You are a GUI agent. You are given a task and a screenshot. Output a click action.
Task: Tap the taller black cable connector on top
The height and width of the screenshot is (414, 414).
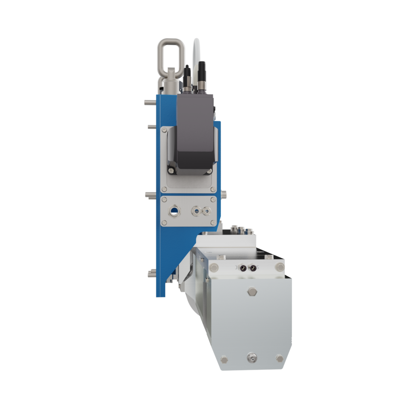(x=202, y=76)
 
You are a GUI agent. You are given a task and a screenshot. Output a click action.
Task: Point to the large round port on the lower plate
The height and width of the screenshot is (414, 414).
(x=174, y=211)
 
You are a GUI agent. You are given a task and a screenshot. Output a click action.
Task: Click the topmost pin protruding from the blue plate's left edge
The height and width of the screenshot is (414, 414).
(x=149, y=103)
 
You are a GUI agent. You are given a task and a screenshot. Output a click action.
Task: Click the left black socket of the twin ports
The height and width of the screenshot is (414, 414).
(x=243, y=268)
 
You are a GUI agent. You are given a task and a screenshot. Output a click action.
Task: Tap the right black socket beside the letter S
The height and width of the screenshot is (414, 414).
(x=253, y=268)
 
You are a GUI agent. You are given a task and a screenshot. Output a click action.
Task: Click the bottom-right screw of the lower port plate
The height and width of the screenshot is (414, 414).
(x=213, y=223)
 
